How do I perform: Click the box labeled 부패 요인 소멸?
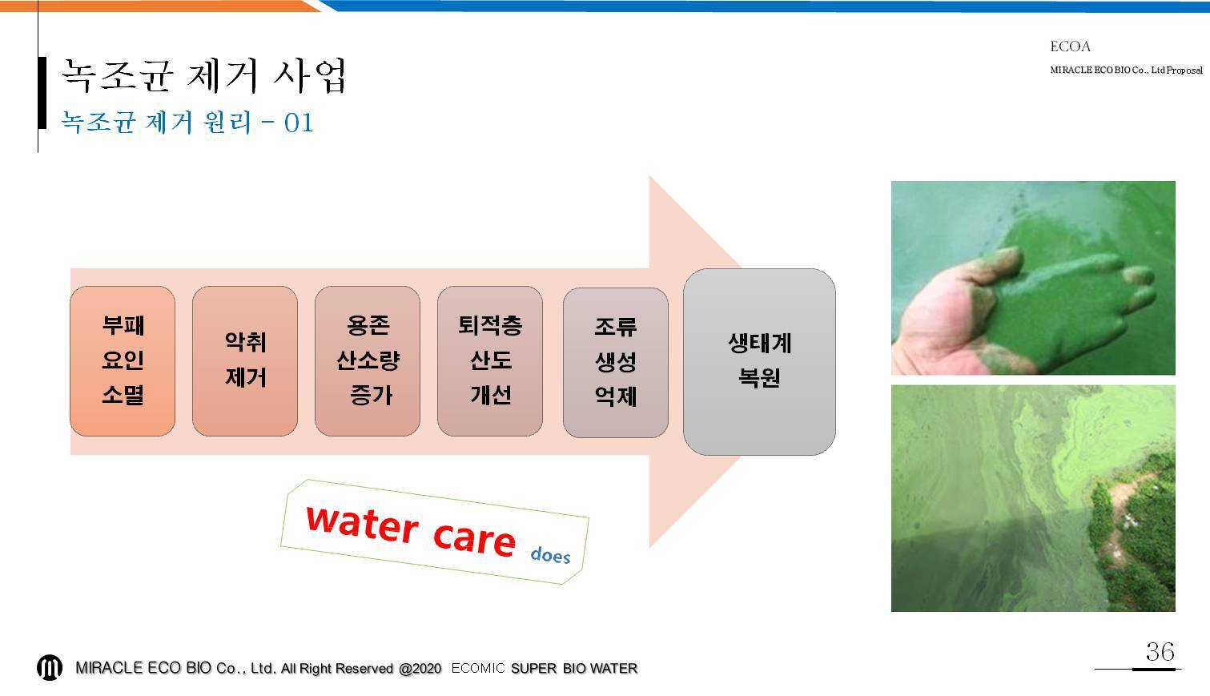click(x=123, y=361)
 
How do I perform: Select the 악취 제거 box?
click(x=245, y=361)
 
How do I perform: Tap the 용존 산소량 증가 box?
click(x=368, y=361)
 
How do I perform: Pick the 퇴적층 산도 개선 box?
click(x=490, y=361)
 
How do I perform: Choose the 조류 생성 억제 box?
click(x=616, y=362)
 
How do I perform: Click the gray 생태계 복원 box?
click(x=759, y=361)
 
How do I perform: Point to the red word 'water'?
click(x=362, y=524)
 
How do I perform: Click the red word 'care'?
click(x=474, y=538)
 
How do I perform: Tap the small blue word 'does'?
click(x=550, y=555)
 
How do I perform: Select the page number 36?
click(x=1160, y=652)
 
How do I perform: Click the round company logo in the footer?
click(x=50, y=667)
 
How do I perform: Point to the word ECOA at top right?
click(x=1070, y=46)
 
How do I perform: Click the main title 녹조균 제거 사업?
click(x=203, y=75)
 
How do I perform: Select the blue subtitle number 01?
click(x=299, y=123)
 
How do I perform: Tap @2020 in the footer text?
click(x=420, y=669)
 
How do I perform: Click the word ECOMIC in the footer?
click(x=478, y=669)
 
